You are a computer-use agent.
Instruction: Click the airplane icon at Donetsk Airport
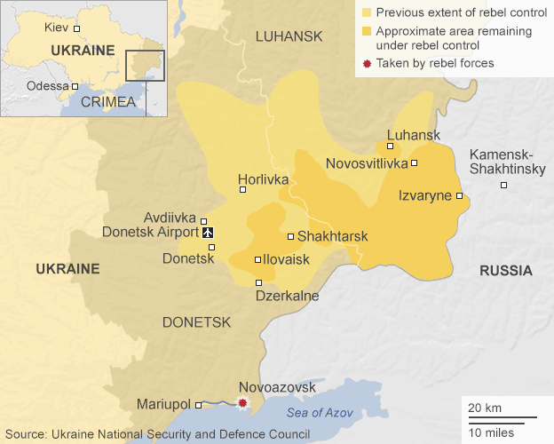click(x=209, y=233)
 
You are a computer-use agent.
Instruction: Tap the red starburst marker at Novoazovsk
click(x=242, y=404)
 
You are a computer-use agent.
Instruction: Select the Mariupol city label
click(x=164, y=404)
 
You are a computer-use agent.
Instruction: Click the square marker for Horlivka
click(x=242, y=189)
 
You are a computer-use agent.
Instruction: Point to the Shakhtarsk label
click(x=332, y=237)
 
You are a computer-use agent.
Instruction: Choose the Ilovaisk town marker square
click(x=257, y=260)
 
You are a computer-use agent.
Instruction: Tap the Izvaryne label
click(x=424, y=195)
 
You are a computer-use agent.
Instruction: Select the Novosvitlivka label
click(x=367, y=163)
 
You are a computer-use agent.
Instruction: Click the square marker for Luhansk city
click(x=390, y=146)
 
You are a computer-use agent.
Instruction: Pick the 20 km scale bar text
click(x=485, y=407)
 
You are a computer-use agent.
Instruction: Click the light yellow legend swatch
click(x=366, y=13)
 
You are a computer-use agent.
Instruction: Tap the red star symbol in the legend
click(x=366, y=63)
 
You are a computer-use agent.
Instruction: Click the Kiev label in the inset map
click(x=56, y=28)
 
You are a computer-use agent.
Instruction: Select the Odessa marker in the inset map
click(x=75, y=86)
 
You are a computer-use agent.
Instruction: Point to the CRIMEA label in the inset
click(x=107, y=102)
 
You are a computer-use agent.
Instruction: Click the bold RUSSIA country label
click(x=505, y=271)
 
